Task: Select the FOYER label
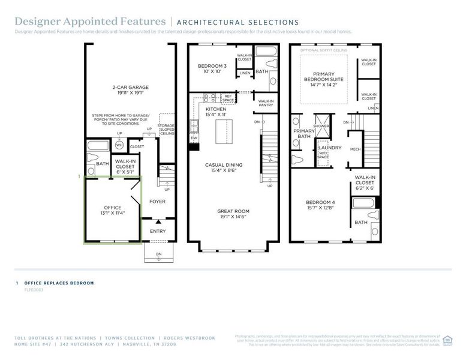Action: click(157, 202)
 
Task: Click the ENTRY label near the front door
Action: click(158, 231)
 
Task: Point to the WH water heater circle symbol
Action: click(119, 145)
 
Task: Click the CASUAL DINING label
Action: click(224, 167)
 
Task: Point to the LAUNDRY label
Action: click(330, 148)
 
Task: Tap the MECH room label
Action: click(355, 149)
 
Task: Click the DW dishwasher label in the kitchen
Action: click(194, 137)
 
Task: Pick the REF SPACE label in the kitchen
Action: click(228, 97)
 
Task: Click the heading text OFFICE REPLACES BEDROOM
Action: click(59, 283)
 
